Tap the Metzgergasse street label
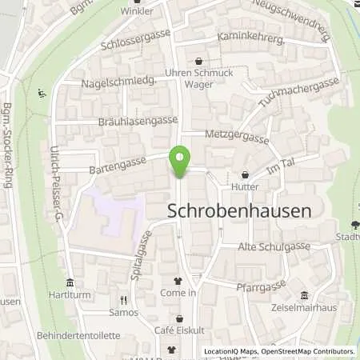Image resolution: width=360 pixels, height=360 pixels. click(x=237, y=137)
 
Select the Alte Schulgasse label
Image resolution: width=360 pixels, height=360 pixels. click(x=274, y=247)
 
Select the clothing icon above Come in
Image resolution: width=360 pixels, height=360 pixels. click(x=178, y=281)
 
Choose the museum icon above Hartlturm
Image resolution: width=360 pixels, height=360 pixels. click(x=70, y=282)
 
